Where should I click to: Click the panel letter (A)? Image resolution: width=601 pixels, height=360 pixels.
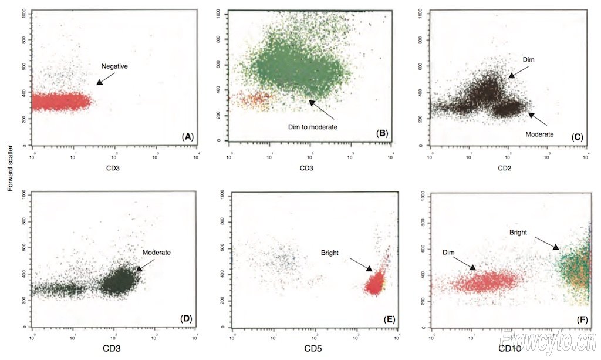(188, 136)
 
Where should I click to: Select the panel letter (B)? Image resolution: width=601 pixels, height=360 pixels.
(383, 133)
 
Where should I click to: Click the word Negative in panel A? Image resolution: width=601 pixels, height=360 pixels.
(114, 66)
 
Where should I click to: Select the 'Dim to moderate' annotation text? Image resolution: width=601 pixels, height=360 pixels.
(312, 126)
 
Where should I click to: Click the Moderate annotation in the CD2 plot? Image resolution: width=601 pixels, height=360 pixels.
(539, 134)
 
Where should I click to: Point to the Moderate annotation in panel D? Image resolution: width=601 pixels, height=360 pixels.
(157, 252)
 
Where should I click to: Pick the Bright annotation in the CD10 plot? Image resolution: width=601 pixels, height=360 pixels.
(518, 232)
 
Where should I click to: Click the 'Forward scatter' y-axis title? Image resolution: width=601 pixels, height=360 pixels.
(10, 167)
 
